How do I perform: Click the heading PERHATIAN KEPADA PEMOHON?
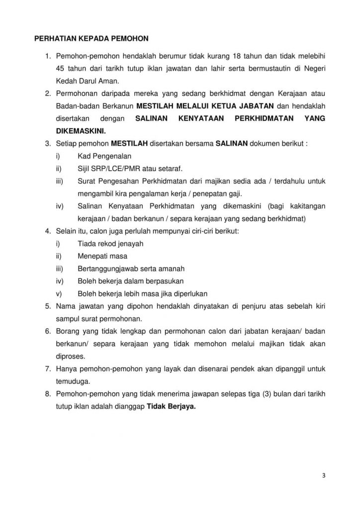91,38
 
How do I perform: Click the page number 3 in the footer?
323,475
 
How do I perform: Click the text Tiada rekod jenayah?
110,244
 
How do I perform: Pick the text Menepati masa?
102,256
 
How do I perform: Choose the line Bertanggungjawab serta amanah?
131,269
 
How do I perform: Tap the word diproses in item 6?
70,356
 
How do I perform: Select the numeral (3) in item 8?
269,394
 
